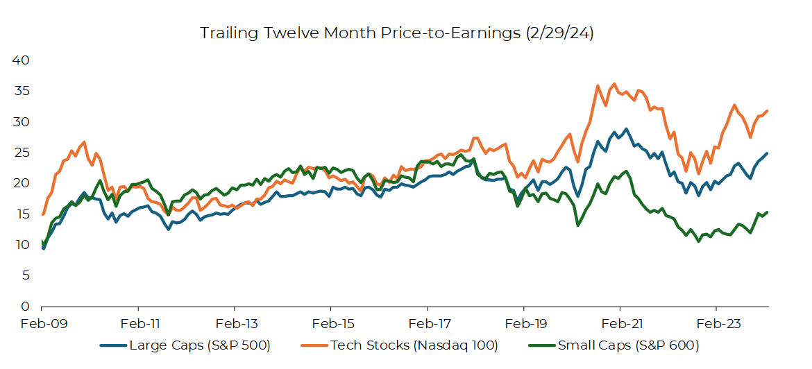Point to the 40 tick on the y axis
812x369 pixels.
(x=21, y=60)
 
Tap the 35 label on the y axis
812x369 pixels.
(x=21, y=91)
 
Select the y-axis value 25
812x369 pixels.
(x=21, y=153)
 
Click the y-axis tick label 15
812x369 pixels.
(x=21, y=214)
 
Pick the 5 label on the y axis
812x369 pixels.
(x=25, y=275)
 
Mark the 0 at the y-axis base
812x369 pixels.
(x=25, y=306)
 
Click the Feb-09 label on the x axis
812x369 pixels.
(x=42, y=323)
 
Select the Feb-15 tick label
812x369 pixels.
(x=331, y=323)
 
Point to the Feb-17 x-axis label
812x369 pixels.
(x=428, y=323)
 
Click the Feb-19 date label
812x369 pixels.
(x=524, y=323)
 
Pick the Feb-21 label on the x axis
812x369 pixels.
(x=620, y=323)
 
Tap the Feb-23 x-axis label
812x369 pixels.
(x=716, y=323)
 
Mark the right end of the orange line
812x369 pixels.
(x=768, y=111)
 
